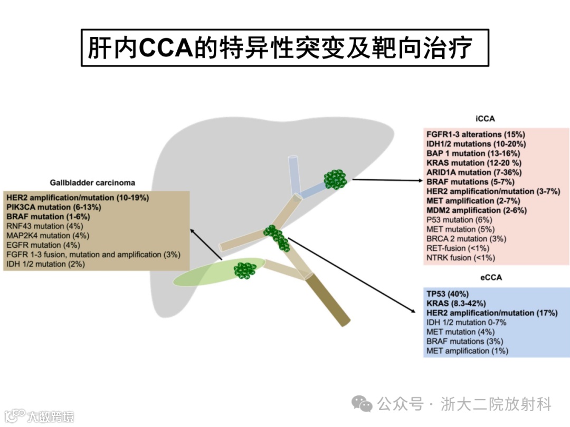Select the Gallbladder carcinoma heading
pyautogui.click(x=92, y=182)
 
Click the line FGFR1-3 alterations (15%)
pyautogui.click(x=476, y=134)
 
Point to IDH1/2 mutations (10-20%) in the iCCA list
pyautogui.click(x=476, y=144)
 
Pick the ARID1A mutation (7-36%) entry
pyautogui.click(x=474, y=172)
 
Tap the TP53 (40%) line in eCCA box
pyautogui.click(x=448, y=294)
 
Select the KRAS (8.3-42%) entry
pyautogui.click(x=456, y=303)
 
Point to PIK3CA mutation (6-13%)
pyautogui.click(x=54, y=207)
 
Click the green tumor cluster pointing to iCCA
pyautogui.click(x=336, y=179)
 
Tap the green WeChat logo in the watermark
pyautogui.click(x=363, y=404)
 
